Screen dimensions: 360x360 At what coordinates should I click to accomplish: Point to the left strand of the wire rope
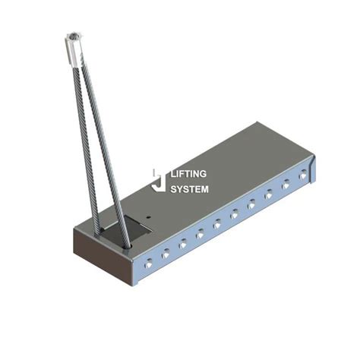[x=86, y=137]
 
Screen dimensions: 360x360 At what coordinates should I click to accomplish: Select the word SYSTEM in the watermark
[x=190, y=189]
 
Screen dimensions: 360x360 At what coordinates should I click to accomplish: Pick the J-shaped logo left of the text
[x=158, y=181]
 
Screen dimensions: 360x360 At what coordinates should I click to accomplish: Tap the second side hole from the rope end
[x=166, y=253]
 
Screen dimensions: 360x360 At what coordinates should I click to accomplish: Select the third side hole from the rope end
[x=183, y=244]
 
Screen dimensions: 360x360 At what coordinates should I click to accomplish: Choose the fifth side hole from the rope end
[x=217, y=224]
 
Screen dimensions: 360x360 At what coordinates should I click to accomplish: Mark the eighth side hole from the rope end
[x=269, y=195]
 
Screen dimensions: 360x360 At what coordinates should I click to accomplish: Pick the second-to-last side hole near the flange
[x=286, y=185]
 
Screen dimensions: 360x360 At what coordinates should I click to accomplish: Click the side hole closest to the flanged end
[x=303, y=175]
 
